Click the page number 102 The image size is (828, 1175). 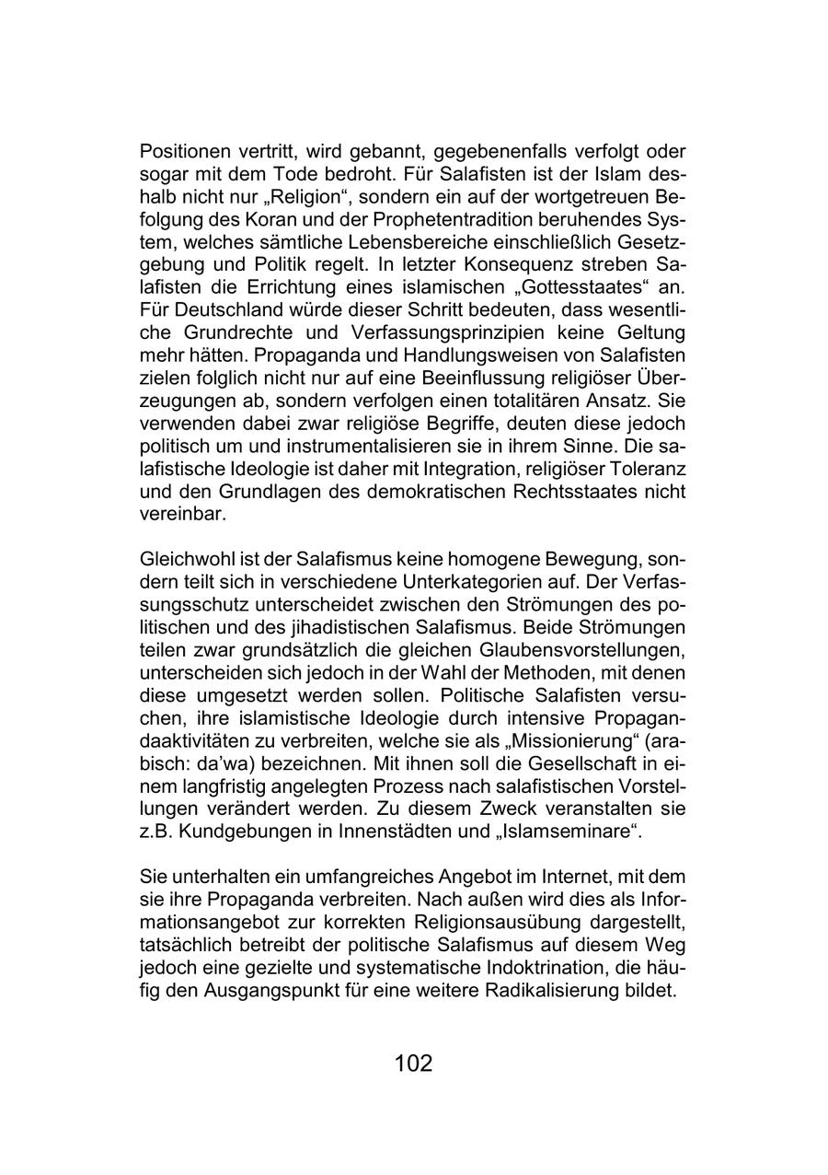tap(413, 1064)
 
